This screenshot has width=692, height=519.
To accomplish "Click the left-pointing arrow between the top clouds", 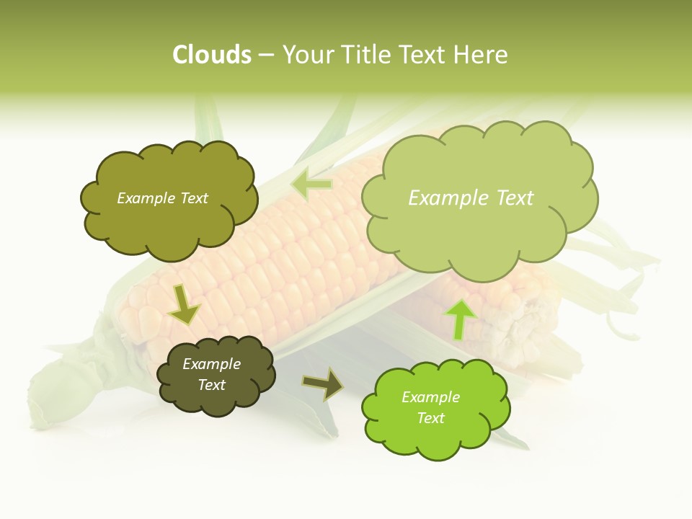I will click(x=311, y=185).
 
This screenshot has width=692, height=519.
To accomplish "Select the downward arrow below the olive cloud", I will click(x=183, y=306).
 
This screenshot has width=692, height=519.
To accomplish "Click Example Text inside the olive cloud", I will click(x=162, y=198).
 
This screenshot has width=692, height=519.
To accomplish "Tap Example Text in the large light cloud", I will click(x=471, y=198).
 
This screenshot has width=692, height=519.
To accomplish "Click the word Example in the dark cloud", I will click(x=211, y=364).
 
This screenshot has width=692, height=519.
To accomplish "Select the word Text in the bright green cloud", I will click(x=430, y=418).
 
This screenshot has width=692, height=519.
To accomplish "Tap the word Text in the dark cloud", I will click(x=211, y=385).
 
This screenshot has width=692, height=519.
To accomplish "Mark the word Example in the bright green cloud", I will click(x=430, y=397).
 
